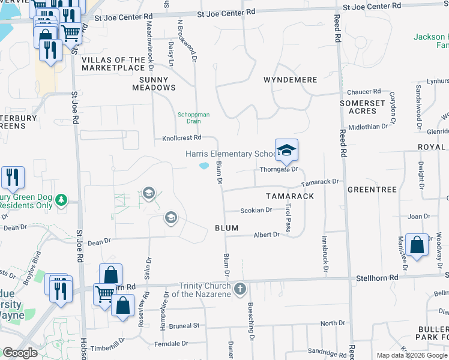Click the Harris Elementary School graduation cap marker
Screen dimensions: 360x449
tap(286, 150)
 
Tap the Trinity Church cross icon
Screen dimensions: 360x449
tap(240, 289)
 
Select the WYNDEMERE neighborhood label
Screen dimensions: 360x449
tap(290, 80)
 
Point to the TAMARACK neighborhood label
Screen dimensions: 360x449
tap(290, 196)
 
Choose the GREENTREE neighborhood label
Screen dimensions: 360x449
tap(372, 190)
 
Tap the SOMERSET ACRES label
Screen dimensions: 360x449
tap(362, 107)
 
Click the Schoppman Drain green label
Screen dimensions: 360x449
tap(189, 118)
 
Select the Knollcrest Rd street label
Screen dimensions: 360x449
tap(181, 138)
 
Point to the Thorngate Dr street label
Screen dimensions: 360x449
tap(279, 170)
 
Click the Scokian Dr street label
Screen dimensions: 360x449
tap(256, 211)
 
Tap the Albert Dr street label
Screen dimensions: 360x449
tap(267, 235)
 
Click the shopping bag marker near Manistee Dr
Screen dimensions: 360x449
tap(417, 245)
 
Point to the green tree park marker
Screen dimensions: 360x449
tap(61, 200)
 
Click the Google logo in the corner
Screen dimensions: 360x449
tap(20, 353)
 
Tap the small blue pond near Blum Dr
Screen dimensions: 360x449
tap(204, 166)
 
